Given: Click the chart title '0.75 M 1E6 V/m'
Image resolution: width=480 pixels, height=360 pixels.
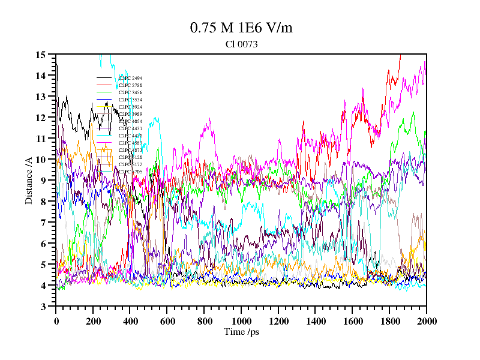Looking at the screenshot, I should point(241,28).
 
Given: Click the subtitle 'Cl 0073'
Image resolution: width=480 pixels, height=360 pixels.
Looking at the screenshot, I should point(241,44).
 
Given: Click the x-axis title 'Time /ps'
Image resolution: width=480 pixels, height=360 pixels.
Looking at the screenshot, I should point(241,332).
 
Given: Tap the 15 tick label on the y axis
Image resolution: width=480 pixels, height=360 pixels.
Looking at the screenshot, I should point(41,55).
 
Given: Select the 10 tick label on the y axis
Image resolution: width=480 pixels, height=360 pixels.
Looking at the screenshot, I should point(41,160).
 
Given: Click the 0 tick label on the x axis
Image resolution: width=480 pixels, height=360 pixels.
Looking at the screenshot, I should point(56,321).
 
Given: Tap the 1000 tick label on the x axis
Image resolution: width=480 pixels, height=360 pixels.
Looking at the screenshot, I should point(241,321).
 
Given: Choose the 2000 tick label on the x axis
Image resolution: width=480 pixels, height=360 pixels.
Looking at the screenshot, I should point(426,321).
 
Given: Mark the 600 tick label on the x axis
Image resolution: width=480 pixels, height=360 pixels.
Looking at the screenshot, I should point(167,321).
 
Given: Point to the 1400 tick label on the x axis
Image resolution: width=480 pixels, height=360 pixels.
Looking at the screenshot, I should point(315,321).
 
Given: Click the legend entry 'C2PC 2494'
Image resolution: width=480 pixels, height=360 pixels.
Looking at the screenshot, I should point(130,78).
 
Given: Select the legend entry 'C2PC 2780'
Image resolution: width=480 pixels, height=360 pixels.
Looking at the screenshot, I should point(130,85).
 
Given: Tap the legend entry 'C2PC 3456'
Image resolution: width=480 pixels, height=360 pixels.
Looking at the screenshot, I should point(130,92).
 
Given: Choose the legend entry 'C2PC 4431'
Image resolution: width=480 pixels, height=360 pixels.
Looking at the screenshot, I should point(130,128).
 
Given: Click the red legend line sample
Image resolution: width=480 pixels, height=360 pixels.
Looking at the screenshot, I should point(104,85).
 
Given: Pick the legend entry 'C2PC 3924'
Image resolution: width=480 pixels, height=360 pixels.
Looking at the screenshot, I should point(130,107).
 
